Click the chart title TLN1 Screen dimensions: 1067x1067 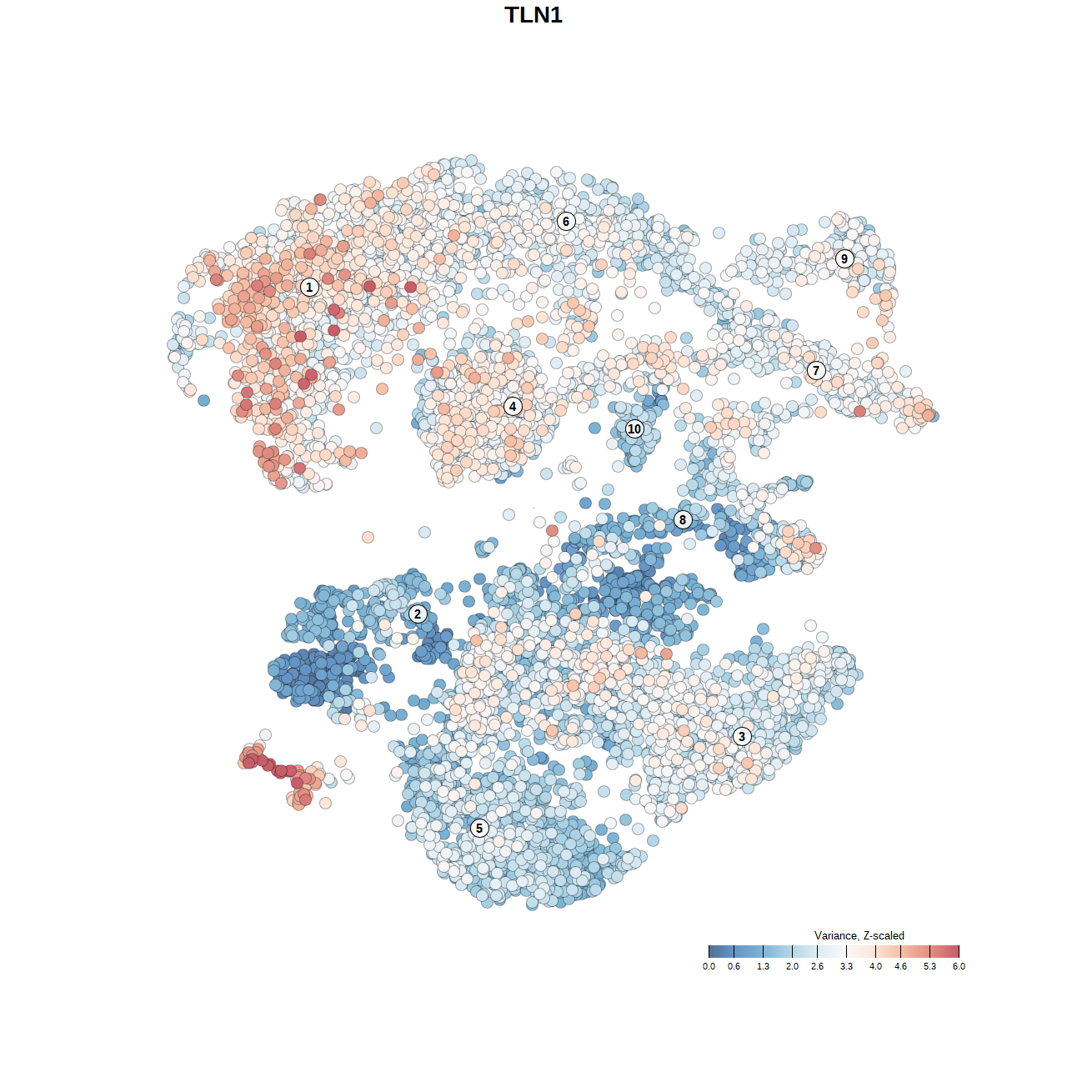click(533, 15)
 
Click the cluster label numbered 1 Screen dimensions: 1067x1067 click(309, 287)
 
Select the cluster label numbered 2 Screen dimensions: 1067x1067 click(418, 614)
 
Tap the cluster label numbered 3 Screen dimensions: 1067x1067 click(742, 736)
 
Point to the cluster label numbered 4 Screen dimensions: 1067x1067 click(513, 407)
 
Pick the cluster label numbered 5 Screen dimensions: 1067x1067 click(478, 828)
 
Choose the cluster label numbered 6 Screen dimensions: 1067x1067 click(566, 221)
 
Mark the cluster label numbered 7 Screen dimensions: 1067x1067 click(816, 371)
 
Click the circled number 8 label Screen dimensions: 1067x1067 click(683, 520)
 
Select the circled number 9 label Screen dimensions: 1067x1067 click(844, 258)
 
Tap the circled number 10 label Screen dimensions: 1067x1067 click(634, 429)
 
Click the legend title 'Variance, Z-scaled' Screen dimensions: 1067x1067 click(859, 936)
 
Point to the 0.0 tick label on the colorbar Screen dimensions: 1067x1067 click(709, 967)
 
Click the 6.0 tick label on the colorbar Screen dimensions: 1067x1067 click(959, 967)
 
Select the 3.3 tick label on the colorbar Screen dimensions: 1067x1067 click(846, 967)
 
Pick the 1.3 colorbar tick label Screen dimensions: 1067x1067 click(763, 967)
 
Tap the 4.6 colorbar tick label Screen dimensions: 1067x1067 click(900, 967)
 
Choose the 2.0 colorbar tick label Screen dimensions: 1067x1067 click(792, 967)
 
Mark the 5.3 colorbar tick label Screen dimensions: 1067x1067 click(929, 967)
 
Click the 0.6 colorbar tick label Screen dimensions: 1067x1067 click(734, 967)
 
